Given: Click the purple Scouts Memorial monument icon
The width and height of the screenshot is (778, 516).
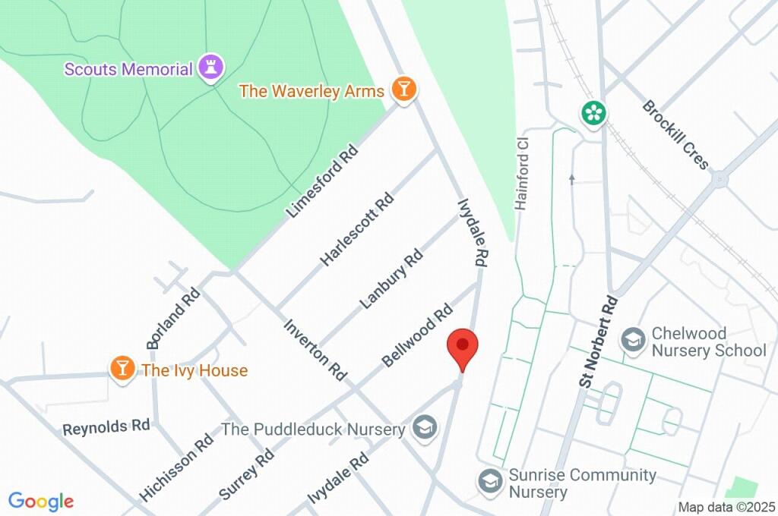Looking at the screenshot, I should (x=210, y=68).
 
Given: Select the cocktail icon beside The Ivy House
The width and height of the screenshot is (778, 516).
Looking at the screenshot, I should (x=121, y=370).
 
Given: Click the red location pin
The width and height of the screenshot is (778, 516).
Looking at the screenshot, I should (x=463, y=349).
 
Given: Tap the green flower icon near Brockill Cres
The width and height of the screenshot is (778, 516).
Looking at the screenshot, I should (x=593, y=113).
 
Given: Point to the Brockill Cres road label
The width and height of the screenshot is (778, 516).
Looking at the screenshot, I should (x=675, y=135).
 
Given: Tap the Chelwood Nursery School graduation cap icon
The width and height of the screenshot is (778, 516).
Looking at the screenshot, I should (x=632, y=340).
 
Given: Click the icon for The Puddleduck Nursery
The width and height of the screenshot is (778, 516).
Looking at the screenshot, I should (x=424, y=428).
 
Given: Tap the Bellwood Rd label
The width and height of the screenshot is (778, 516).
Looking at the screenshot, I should (x=418, y=335).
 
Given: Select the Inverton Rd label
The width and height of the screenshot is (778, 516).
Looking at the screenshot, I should (x=315, y=349).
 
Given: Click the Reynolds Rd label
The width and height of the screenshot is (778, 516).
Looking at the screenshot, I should (x=106, y=426).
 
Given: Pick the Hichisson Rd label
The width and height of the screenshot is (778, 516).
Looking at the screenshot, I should (x=176, y=467).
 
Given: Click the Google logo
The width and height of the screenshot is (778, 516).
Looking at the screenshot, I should (x=41, y=501).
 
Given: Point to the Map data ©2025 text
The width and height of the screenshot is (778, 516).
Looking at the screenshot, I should (x=726, y=507).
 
